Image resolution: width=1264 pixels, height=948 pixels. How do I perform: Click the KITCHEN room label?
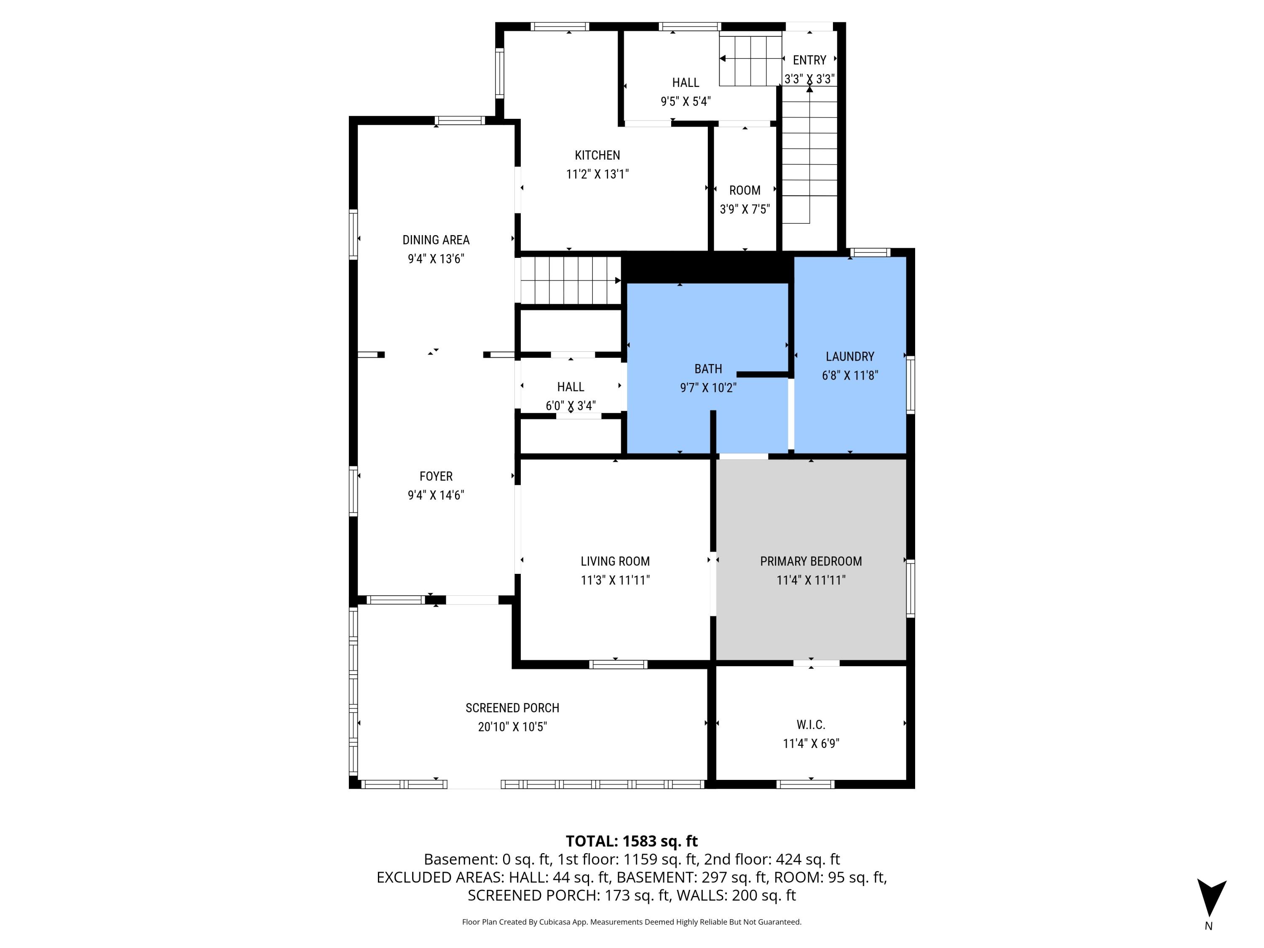point(597,155)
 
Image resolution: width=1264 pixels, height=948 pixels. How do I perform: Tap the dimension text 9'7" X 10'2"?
point(708,388)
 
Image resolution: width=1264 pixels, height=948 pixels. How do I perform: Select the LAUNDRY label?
point(850,356)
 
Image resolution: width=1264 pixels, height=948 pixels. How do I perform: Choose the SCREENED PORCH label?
point(512,708)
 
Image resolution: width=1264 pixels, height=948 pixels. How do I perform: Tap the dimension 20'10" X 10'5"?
point(512,727)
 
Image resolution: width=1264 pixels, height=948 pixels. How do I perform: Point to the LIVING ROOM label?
point(615,561)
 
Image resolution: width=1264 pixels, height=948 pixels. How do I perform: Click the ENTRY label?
point(809,60)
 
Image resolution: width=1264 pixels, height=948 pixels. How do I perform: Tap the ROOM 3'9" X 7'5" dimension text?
point(744,209)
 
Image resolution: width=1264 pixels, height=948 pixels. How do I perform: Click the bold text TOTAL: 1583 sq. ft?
point(632,841)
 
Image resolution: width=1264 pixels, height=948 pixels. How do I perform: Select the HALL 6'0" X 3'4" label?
point(570,387)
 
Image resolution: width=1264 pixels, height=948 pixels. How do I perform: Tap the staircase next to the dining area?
point(570,281)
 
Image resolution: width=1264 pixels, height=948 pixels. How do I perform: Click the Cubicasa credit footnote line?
point(632,922)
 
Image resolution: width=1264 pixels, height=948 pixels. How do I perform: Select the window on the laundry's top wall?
point(870,252)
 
